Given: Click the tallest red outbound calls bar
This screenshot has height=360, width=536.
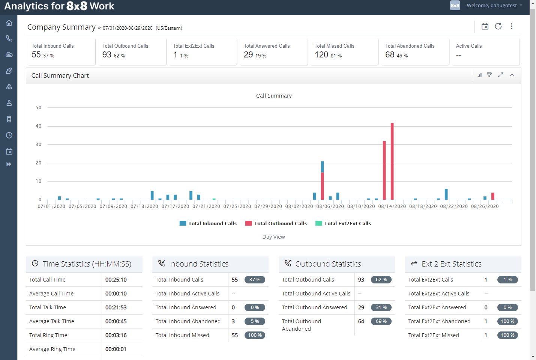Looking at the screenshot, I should coord(392,161).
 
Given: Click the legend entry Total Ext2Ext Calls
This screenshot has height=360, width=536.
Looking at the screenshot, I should coord(343,223).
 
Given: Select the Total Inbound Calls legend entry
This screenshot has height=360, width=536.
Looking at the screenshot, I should coord(208,223).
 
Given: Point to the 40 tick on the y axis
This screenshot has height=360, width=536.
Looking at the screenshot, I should coord(39,126).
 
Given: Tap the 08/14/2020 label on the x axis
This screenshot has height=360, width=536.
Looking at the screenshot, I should coord(392,206).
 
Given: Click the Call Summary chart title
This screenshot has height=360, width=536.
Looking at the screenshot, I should coord(274,96).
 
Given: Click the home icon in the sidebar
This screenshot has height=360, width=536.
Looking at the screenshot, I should coord(9,23).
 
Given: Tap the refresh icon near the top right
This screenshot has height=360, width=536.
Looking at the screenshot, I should coord(498,26).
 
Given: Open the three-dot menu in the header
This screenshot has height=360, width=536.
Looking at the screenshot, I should coord(511,26).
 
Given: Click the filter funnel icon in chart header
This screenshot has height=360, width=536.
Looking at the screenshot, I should coord(489,75).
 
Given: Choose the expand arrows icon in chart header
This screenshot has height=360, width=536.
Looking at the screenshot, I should coord(500,75).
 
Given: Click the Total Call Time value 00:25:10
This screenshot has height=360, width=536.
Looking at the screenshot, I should coord(116,280).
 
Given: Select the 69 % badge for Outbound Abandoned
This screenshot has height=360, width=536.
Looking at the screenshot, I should coord(381,321).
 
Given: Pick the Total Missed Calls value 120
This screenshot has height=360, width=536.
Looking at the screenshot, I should coord(321,55).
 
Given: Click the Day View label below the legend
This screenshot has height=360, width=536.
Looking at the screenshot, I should coord(273,237).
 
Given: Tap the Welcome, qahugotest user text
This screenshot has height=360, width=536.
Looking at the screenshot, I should coord(491,5).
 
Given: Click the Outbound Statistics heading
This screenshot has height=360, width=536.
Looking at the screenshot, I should coord(328,264).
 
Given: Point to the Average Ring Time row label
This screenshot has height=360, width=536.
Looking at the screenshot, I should coord(52,349).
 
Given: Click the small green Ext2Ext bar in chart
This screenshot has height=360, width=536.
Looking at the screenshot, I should coord(214,199).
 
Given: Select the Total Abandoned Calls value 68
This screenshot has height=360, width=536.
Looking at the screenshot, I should coord(390,55).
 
